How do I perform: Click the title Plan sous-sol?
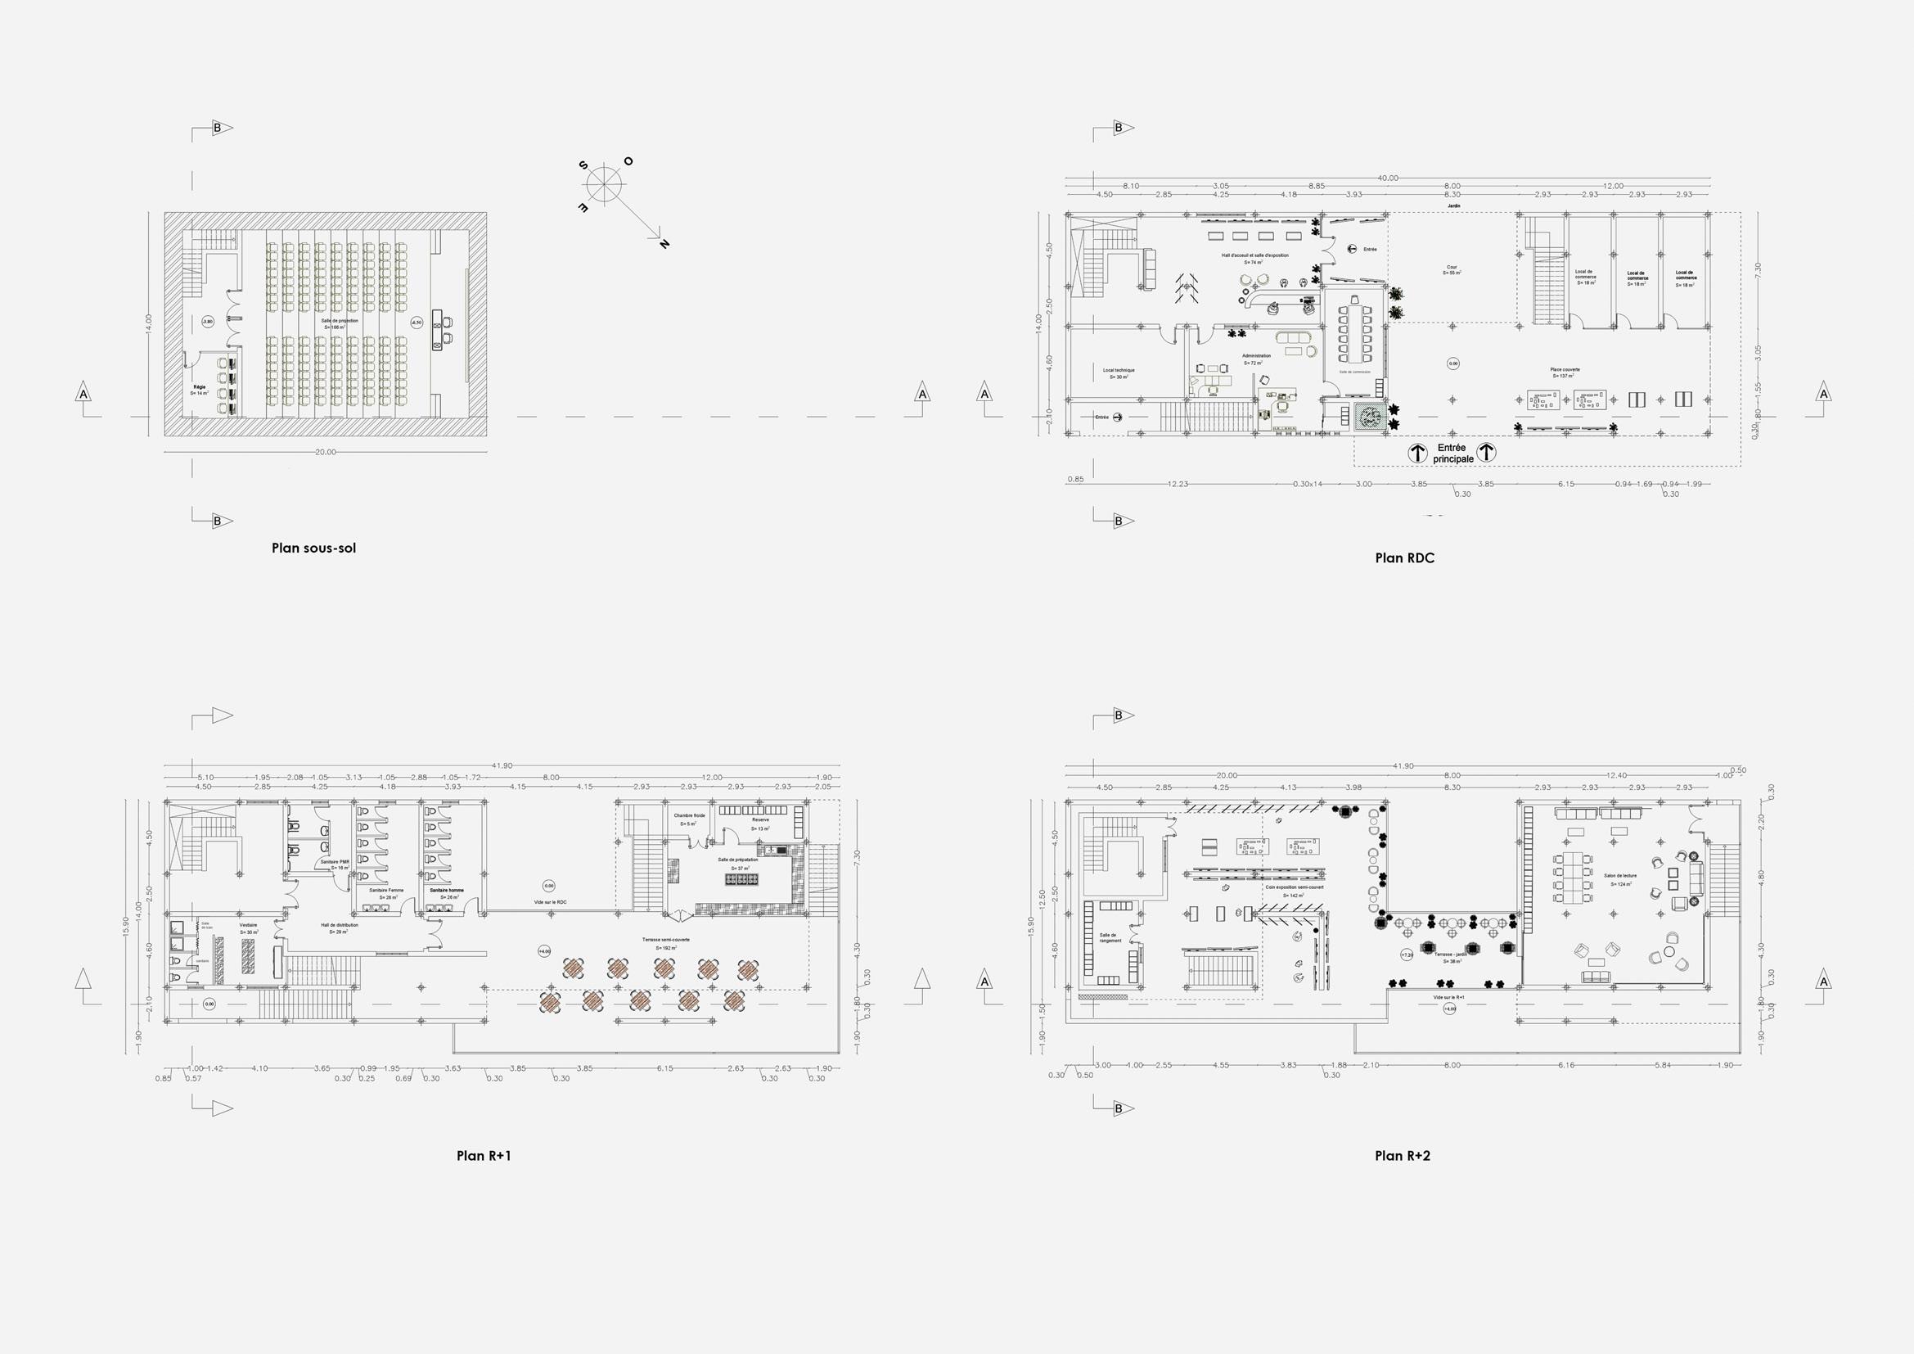click(x=313, y=548)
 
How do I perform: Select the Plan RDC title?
click(x=1405, y=558)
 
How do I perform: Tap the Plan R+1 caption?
click(x=484, y=1156)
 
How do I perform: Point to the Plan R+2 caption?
click(x=1403, y=1156)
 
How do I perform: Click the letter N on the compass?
click(x=664, y=243)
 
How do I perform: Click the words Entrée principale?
click(x=1452, y=454)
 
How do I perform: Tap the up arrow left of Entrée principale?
click(x=1417, y=454)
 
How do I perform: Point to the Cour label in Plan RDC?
click(x=1452, y=269)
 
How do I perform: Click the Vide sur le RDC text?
click(x=550, y=902)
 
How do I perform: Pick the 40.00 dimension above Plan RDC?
click(x=1387, y=178)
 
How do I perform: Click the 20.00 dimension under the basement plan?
click(x=325, y=452)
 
